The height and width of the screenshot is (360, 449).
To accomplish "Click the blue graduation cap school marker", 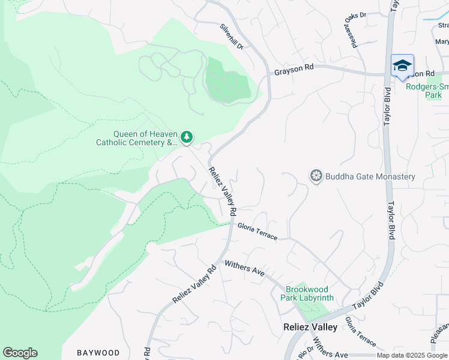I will click(x=402, y=65).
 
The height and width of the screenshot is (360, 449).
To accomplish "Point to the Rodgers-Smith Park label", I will click(x=427, y=91).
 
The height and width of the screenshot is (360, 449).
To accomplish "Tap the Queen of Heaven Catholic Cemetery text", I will click(x=137, y=139).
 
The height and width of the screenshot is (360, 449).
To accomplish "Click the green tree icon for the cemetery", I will click(x=187, y=138).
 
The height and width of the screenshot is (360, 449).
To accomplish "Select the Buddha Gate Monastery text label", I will click(x=370, y=176).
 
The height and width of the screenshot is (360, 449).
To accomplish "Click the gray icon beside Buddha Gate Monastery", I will click(x=316, y=176).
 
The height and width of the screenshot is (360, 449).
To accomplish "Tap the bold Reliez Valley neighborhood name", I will click(x=310, y=328).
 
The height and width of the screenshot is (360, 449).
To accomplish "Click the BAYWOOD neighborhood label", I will click(x=98, y=353).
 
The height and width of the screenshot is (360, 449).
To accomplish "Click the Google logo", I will click(x=20, y=353).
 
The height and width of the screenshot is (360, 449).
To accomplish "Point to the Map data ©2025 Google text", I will click(x=411, y=355).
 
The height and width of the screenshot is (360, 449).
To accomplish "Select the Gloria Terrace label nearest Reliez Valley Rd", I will click(x=258, y=231).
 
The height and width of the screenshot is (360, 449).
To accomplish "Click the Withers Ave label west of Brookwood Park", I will click(x=244, y=268).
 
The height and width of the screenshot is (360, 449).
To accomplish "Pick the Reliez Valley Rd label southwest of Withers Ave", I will click(x=194, y=285).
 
